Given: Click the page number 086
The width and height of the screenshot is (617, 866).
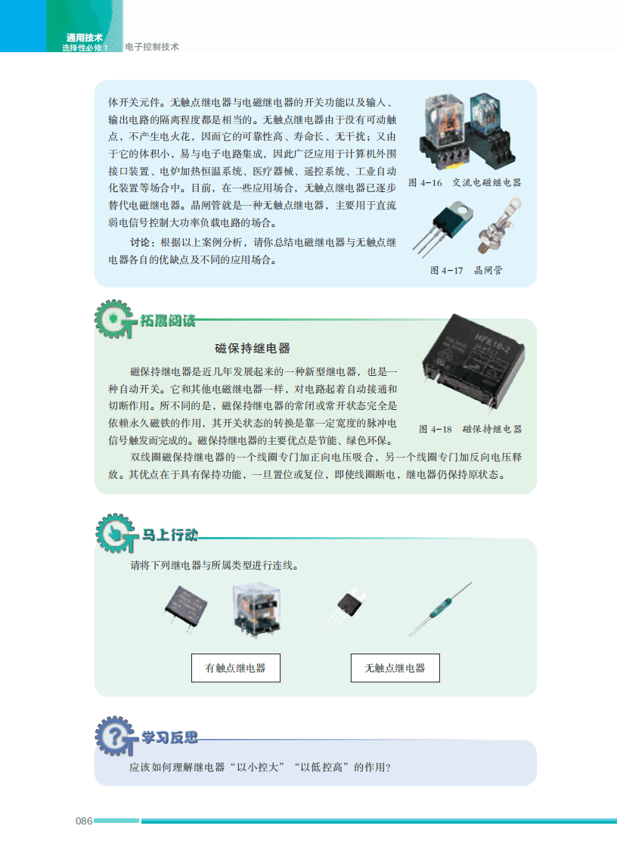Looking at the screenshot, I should click(83, 821).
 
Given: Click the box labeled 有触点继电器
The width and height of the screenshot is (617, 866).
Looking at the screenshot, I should click(236, 668).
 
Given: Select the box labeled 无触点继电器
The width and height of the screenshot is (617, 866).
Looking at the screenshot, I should click(395, 668).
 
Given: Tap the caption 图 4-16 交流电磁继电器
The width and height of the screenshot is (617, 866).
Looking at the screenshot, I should click(464, 183).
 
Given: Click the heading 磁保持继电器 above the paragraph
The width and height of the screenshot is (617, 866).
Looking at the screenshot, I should click(253, 349).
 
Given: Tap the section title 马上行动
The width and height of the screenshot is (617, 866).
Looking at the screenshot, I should click(170, 535).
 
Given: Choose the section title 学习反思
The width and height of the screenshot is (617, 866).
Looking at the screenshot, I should click(170, 737).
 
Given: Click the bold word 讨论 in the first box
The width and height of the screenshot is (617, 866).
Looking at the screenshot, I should click(140, 242).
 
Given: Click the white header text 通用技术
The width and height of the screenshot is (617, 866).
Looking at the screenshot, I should click(84, 37).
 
